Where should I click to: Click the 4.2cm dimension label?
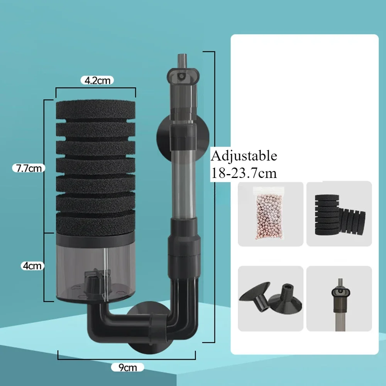(x=97, y=80)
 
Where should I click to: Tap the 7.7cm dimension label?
(x=29, y=168)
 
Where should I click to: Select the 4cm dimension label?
(x=32, y=266)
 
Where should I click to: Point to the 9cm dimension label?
(x=127, y=367)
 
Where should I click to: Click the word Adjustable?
(x=244, y=156)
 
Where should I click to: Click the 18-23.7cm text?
(x=244, y=173)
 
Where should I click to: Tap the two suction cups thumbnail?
(x=270, y=298)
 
